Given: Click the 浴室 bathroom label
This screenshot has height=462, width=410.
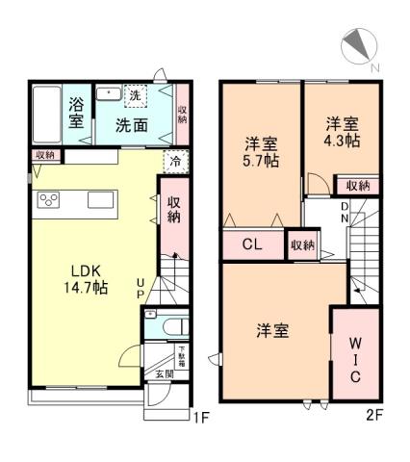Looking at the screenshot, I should click(76, 115).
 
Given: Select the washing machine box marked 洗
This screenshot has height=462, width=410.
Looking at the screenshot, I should click(136, 95).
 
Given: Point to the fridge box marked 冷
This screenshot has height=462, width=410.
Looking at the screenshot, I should click(175, 162).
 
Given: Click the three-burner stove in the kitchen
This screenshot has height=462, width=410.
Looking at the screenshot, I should click(49, 200).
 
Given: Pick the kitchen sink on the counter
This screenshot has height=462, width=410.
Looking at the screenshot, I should click(102, 200).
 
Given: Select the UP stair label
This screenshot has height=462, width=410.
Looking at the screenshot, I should click(141, 288).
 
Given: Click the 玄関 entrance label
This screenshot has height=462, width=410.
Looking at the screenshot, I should click(166, 373).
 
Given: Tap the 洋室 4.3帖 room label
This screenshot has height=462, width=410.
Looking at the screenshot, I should click(342, 132).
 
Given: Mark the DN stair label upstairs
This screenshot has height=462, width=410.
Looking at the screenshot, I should click(343, 211).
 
